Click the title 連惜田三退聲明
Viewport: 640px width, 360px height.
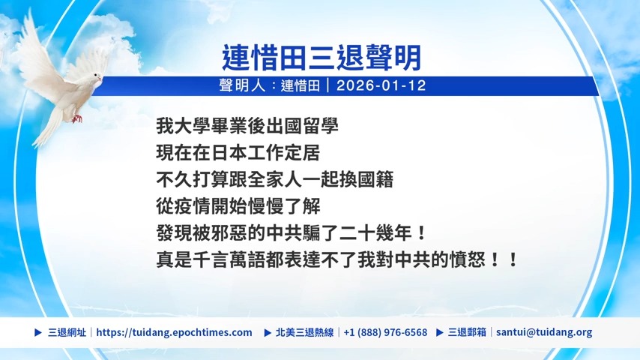(x=321, y=58)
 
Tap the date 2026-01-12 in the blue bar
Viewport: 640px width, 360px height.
(x=381, y=85)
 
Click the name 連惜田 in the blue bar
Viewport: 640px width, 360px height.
(x=300, y=85)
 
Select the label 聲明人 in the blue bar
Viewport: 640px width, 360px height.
(x=243, y=85)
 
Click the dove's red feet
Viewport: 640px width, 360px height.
(x=76, y=118)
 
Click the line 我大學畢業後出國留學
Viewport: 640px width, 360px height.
(x=247, y=126)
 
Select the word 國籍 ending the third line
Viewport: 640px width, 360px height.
(x=375, y=180)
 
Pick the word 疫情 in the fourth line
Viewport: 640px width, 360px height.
(x=193, y=206)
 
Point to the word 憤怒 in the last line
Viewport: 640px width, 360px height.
(x=467, y=260)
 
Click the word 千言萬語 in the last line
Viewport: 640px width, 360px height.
(x=229, y=260)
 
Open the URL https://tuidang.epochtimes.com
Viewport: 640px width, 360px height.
(x=175, y=332)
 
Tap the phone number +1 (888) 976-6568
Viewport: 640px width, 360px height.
(x=385, y=332)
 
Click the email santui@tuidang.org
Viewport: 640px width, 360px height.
(x=544, y=332)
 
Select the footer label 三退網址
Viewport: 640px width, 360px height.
(x=67, y=332)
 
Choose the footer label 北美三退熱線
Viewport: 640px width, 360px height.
(x=305, y=332)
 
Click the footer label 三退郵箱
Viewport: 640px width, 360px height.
(x=467, y=332)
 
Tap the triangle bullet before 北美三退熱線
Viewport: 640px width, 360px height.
(x=268, y=332)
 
